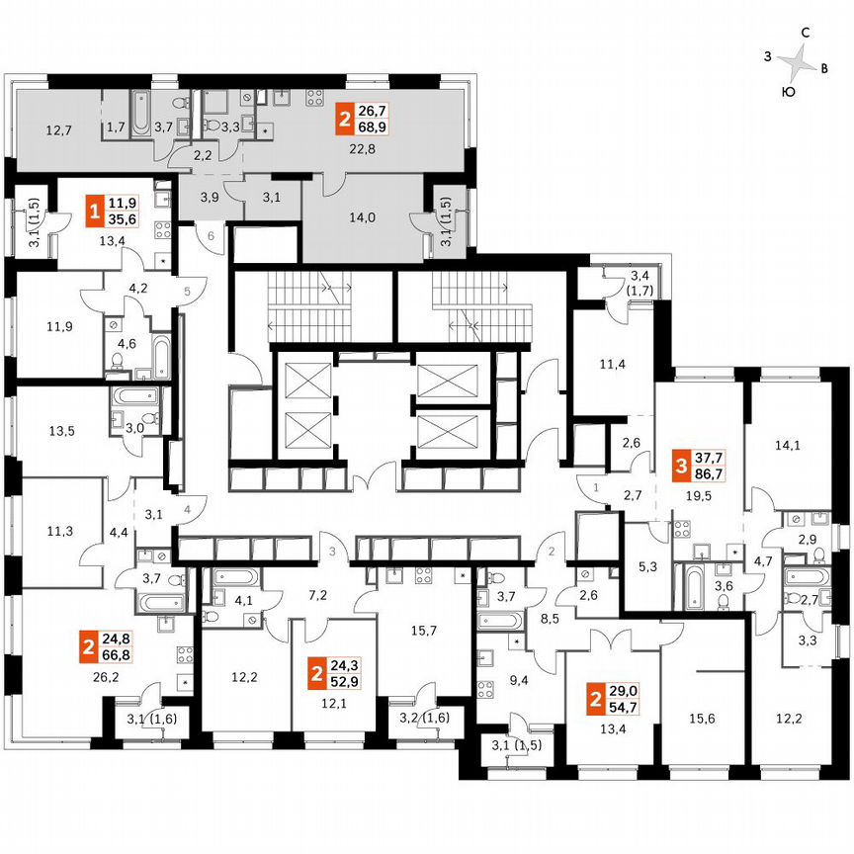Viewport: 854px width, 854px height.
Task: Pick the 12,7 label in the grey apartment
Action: click(x=59, y=129)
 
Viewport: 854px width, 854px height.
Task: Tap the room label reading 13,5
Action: click(x=61, y=430)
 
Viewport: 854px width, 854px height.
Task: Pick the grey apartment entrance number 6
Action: click(x=211, y=235)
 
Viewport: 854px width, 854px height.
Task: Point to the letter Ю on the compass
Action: click(x=788, y=92)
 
